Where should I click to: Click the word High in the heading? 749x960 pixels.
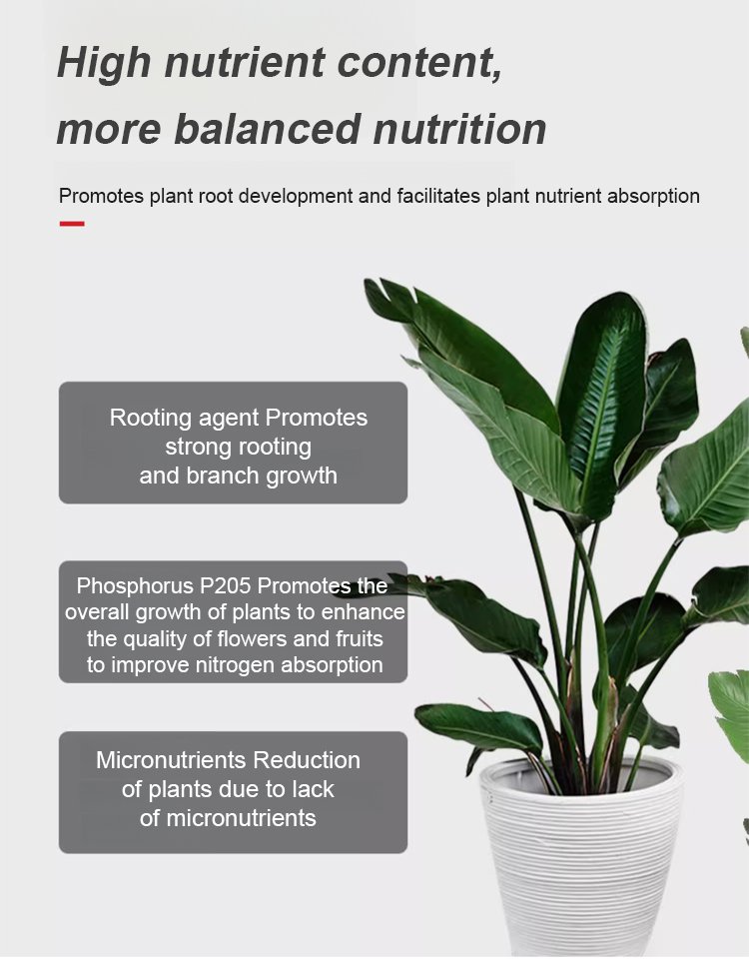(104, 63)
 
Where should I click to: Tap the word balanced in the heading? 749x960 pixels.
(268, 128)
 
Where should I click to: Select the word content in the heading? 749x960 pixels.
(419, 63)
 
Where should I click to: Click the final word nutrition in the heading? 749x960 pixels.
(459, 129)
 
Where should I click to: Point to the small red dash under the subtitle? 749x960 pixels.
(72, 224)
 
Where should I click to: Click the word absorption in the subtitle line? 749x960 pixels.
(653, 197)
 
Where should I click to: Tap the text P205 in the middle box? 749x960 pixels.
(225, 586)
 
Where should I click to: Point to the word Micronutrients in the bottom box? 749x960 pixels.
(172, 760)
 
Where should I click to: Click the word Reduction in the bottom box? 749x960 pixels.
(307, 760)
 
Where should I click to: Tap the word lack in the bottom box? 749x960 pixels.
(313, 789)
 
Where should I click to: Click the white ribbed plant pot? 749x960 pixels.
(580, 857)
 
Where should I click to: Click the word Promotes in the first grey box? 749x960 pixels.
(317, 419)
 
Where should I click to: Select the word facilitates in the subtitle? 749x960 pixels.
(438, 197)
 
